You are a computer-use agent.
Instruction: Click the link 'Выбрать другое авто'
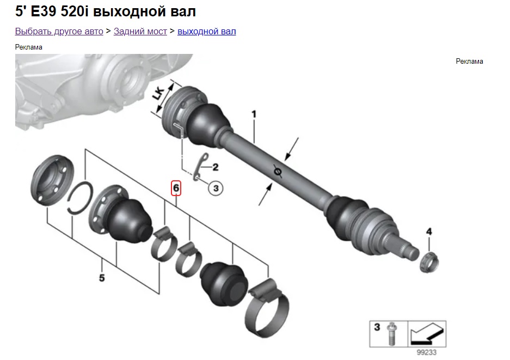[x=59, y=31]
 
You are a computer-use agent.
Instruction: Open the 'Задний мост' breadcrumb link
[x=140, y=31]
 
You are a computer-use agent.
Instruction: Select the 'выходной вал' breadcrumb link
[x=206, y=31]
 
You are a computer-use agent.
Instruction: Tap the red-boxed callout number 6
[x=176, y=188]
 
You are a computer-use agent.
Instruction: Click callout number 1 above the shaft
[x=254, y=114]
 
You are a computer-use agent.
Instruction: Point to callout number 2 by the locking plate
[x=216, y=167]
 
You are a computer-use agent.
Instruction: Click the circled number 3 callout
[x=216, y=188]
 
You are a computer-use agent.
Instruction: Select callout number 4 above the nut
[x=429, y=232]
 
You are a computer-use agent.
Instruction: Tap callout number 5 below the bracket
[x=102, y=278]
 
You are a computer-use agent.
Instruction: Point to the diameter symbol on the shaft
[x=278, y=171]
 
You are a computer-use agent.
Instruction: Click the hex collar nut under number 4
[x=429, y=263]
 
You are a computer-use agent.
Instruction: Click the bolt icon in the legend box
[x=391, y=334]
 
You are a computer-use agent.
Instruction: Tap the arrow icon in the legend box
[x=427, y=334]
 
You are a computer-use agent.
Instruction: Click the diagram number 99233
[x=426, y=352]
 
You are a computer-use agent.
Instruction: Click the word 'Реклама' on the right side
[x=469, y=61]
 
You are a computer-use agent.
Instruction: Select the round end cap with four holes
[x=52, y=180]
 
